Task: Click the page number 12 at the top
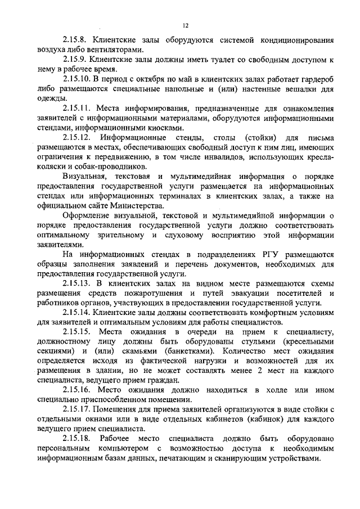click(185, 25)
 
